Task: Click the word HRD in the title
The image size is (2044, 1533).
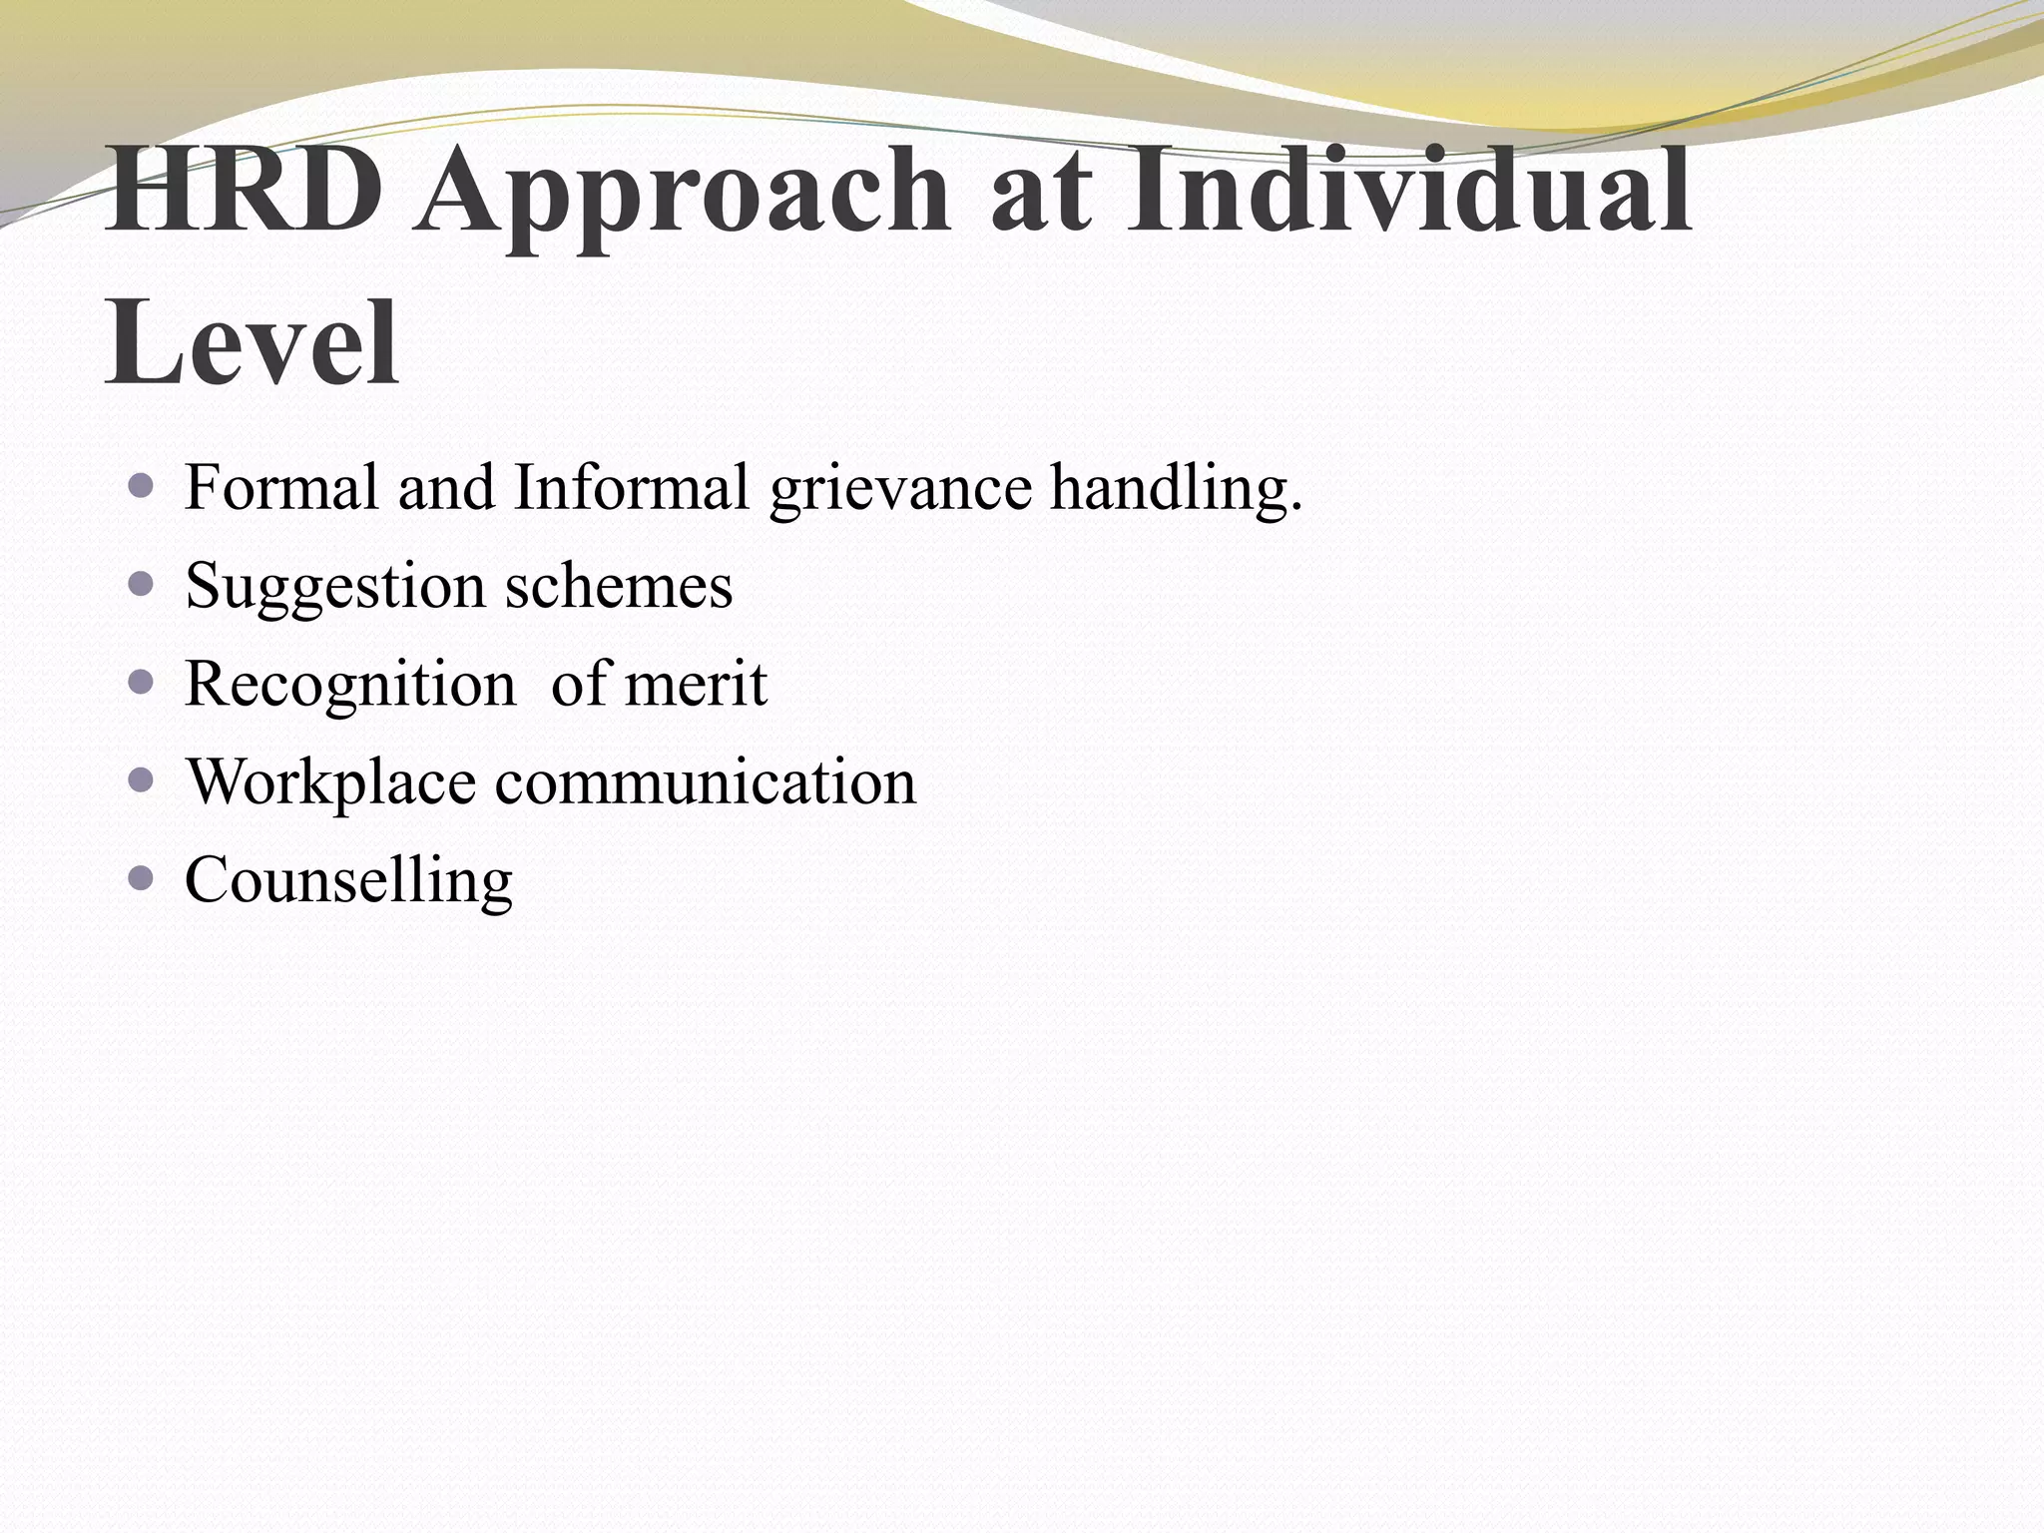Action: (x=244, y=190)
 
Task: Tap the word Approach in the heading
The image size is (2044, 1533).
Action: (x=685, y=195)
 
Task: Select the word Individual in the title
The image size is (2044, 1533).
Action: (x=1408, y=190)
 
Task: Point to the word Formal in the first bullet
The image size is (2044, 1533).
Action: (x=281, y=488)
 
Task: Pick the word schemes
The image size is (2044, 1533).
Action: (x=619, y=586)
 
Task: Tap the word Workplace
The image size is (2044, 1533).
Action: (x=331, y=783)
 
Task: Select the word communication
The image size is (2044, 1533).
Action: (x=706, y=781)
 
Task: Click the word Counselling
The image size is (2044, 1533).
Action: (x=348, y=880)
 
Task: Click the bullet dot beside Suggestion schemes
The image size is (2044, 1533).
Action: (x=142, y=584)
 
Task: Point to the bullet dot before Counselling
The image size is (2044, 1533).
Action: (x=142, y=878)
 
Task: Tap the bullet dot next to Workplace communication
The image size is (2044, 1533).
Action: (x=142, y=779)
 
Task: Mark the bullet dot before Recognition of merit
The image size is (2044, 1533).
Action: (x=142, y=682)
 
